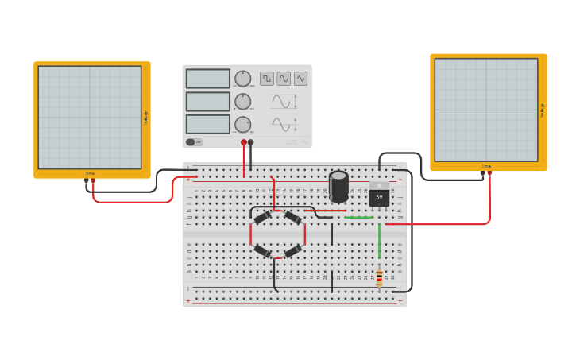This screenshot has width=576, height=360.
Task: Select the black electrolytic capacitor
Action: click(339, 186)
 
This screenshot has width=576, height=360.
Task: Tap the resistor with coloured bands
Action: click(379, 277)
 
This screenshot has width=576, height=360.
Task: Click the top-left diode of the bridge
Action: click(262, 218)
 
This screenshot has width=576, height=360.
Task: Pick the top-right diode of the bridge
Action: click(292, 218)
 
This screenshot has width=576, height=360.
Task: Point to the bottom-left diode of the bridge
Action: click(262, 251)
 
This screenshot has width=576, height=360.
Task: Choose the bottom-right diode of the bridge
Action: click(292, 251)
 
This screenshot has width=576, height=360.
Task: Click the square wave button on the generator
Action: click(267, 79)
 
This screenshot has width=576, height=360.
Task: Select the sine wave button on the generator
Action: click(284, 79)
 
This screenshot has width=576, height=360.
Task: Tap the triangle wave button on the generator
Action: click(300, 79)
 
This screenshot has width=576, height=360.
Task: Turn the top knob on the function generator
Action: click(242, 79)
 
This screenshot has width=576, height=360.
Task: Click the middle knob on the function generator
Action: click(242, 102)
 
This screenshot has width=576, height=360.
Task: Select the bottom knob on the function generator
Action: click(242, 125)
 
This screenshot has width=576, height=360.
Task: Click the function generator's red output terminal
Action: click(244, 142)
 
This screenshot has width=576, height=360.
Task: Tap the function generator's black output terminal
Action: click(251, 142)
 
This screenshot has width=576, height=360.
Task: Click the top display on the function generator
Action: click(208, 79)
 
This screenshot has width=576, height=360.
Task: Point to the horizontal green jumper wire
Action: click(359, 217)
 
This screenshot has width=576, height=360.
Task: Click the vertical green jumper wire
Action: click(379, 241)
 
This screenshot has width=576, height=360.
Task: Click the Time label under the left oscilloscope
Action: click(90, 173)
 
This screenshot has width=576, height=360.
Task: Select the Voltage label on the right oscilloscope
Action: click(543, 110)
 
